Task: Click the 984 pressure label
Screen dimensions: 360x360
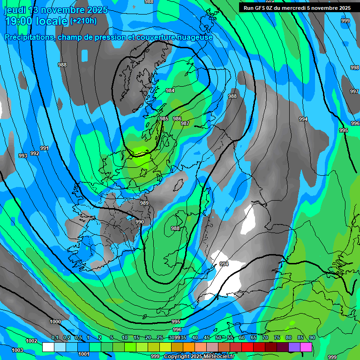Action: pos(170,90)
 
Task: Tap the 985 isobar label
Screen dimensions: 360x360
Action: pos(164,119)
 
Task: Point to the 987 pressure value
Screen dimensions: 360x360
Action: pos(185,123)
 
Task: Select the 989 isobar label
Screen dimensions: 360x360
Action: pos(144,203)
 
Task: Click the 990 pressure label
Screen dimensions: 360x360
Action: pos(140,222)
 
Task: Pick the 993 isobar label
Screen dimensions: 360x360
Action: pos(22,156)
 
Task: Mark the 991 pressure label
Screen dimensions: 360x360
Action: pos(45,148)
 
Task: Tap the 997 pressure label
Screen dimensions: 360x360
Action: pos(354,91)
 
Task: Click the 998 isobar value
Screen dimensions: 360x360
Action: pos(354,67)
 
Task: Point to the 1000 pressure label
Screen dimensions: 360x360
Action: pos(55,322)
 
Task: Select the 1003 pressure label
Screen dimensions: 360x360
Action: pos(17,350)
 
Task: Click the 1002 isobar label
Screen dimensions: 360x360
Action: pos(31,341)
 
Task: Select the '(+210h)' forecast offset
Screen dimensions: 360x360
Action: pos(83,21)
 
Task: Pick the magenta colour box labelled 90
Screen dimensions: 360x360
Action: pos(306,347)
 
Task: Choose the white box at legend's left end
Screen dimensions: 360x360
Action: pos(48,347)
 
